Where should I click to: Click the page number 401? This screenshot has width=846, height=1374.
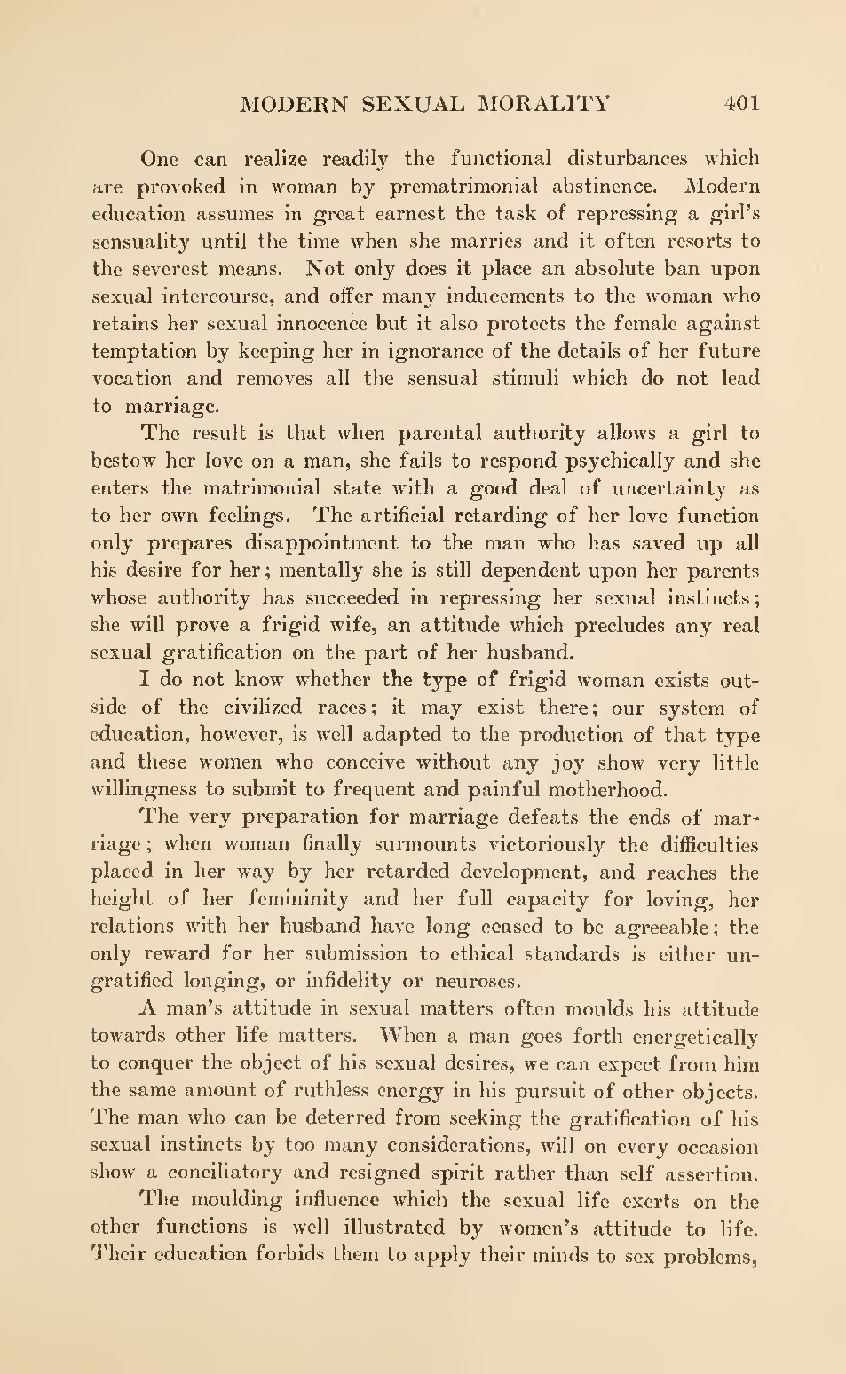pyautogui.click(x=741, y=104)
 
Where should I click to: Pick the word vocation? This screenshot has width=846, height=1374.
pyautogui.click(x=132, y=379)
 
